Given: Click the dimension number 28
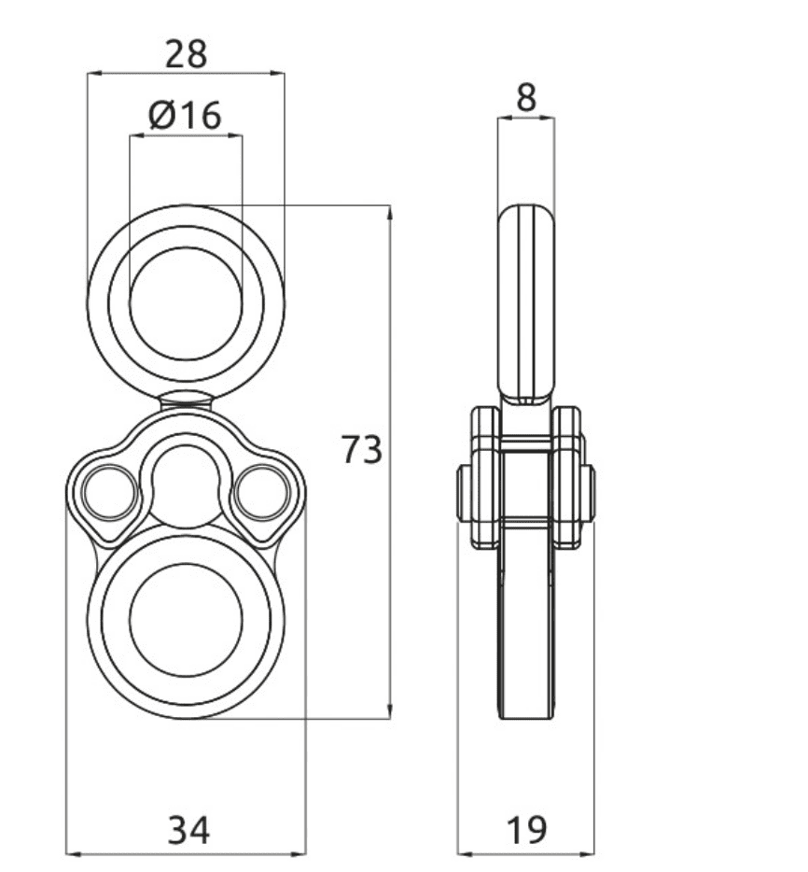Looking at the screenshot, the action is tap(187, 54).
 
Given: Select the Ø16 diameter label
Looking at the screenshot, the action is tap(185, 115).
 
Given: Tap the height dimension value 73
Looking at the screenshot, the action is tap(362, 449).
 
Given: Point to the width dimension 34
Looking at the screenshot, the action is tap(189, 830).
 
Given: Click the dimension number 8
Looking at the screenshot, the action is tap(526, 97).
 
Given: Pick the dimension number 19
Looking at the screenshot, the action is tap(527, 830).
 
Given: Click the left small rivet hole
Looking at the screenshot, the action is tap(110, 493).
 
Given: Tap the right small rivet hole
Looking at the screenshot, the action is tap(261, 493).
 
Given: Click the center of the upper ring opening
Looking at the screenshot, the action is tap(187, 303).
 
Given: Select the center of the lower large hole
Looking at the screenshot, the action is tap(187, 619).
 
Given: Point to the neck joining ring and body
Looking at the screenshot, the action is tap(187, 401).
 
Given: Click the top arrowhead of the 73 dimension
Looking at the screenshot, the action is tap(390, 212).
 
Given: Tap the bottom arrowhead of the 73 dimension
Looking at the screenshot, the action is tap(390, 711).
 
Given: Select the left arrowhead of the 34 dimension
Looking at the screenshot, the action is tap(73, 853).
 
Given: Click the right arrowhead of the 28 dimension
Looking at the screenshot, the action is tap(277, 72).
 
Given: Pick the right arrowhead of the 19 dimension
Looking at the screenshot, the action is tap(588, 853).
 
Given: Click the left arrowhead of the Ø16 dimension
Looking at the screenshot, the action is tap(137, 134).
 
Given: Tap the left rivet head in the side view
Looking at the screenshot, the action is tap(464, 493).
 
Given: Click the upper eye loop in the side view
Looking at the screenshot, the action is tap(526, 303).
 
